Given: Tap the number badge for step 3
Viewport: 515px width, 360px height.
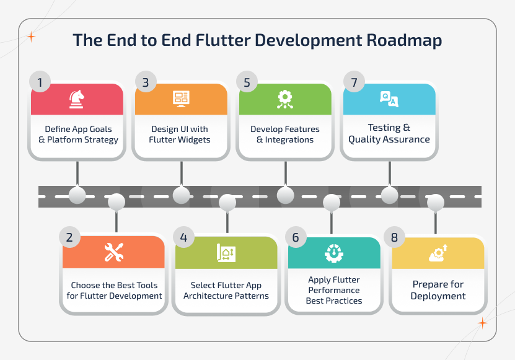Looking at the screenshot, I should point(145,82).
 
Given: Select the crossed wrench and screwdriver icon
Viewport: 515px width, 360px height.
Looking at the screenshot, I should point(114,252).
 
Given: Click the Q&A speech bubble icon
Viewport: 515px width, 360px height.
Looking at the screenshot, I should point(389,99).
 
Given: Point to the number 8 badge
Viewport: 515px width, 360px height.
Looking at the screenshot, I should point(394,237).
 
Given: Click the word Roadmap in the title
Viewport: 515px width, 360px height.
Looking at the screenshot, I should point(404,40).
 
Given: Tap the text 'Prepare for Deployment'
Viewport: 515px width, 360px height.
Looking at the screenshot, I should point(438,290).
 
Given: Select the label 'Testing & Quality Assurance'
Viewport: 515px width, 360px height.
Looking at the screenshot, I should point(389,133).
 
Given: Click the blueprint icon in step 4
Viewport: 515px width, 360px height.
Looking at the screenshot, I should point(226,252).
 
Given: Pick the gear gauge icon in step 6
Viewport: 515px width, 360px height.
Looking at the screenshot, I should point(333,252).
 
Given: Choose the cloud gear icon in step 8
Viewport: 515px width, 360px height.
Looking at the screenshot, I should point(438,252).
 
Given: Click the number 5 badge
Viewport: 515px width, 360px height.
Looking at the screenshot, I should point(247,82).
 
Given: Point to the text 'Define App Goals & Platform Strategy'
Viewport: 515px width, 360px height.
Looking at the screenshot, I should point(77,134).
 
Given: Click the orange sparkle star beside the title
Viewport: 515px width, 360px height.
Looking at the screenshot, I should point(32,37).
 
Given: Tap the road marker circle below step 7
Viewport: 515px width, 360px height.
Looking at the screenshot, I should point(389,195).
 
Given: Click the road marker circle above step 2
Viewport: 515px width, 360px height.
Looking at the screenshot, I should point(116,201).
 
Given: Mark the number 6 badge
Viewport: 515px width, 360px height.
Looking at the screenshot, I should point(296,237).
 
